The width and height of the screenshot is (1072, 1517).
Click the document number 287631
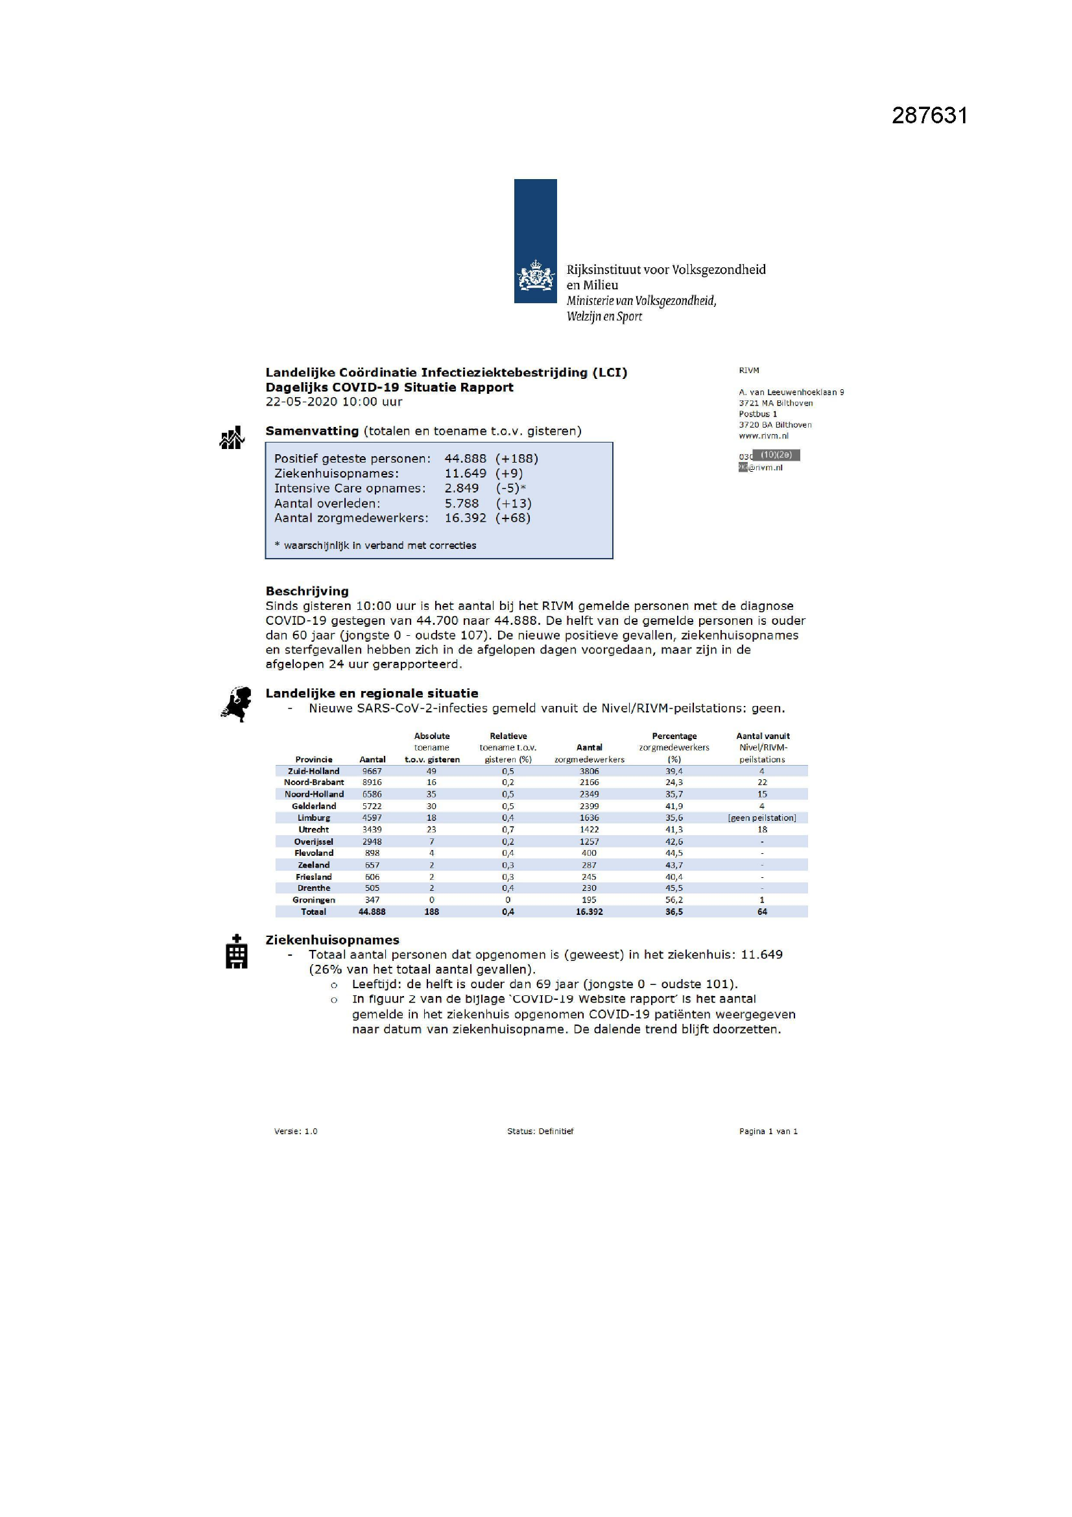point(929,115)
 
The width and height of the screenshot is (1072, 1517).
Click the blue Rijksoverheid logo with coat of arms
point(535,241)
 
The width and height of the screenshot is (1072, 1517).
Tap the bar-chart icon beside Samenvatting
point(232,437)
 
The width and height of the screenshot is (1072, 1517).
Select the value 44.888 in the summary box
point(465,459)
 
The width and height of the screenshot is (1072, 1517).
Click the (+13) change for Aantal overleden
point(513,504)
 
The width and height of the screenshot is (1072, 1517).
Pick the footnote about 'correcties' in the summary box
point(375,545)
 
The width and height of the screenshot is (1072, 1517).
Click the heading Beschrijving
point(307,590)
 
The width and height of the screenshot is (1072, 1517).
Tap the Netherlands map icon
point(237,705)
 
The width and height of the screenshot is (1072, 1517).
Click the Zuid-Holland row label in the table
point(314,771)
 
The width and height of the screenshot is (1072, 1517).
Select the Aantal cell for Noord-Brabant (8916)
point(372,783)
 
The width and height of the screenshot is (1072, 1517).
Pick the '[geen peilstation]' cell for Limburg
point(761,818)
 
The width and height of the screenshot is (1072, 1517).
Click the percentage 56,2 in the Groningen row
point(674,900)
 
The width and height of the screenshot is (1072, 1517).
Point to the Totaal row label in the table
point(314,912)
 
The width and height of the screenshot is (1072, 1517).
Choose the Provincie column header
point(314,759)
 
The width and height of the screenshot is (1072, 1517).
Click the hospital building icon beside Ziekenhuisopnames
point(237,951)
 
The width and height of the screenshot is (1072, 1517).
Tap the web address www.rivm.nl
point(763,435)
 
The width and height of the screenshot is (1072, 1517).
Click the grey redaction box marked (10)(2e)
point(776,455)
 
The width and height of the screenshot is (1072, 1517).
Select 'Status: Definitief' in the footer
point(540,1131)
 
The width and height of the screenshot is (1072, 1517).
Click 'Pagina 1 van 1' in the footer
point(768,1131)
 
